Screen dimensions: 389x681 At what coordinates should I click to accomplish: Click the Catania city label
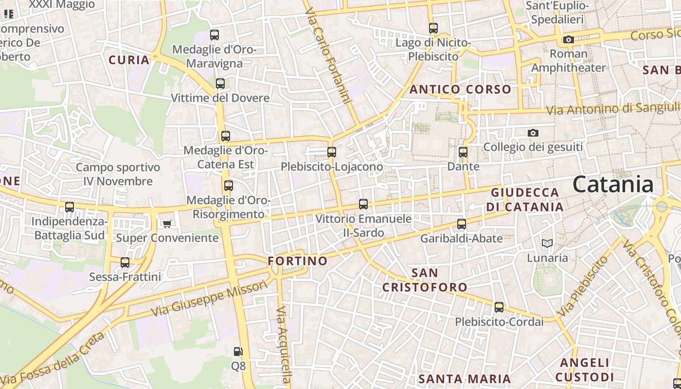click(x=613, y=185)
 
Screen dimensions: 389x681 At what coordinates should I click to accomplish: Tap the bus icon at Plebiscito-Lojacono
click(x=332, y=152)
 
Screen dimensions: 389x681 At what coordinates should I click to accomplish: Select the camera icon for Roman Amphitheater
click(x=568, y=40)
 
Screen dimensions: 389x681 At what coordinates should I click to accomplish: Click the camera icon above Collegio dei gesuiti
click(x=533, y=133)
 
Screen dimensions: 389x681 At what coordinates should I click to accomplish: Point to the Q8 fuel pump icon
click(x=238, y=351)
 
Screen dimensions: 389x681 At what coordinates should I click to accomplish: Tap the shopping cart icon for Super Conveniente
click(x=167, y=224)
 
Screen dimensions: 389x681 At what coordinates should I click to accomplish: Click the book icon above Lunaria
click(x=547, y=243)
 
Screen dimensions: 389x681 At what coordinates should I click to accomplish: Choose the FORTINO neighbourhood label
click(x=298, y=261)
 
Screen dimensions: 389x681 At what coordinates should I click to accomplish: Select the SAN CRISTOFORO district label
click(x=424, y=280)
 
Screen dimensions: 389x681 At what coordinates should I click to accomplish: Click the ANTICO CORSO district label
click(x=460, y=89)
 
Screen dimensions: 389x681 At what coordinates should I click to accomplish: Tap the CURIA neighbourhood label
click(x=129, y=60)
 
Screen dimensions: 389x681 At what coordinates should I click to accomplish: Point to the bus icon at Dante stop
click(x=463, y=152)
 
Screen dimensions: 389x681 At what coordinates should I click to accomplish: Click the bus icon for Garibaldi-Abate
click(x=462, y=224)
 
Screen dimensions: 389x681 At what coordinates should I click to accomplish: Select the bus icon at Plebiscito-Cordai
click(x=499, y=307)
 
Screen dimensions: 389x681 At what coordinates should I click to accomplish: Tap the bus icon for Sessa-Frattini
click(x=125, y=263)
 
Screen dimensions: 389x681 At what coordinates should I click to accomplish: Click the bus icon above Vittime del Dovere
click(x=220, y=84)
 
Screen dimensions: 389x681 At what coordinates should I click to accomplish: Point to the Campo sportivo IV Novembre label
click(x=118, y=174)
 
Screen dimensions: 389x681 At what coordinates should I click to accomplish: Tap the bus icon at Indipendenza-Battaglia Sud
click(x=70, y=207)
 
